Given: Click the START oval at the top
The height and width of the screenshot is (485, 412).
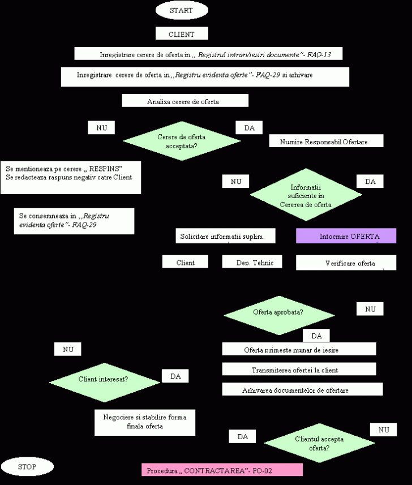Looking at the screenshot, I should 181,10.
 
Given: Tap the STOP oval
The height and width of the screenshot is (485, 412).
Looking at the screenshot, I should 27,467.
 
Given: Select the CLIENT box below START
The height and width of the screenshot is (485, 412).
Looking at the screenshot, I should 182,34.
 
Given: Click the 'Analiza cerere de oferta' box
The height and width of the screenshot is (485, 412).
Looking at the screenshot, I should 185,101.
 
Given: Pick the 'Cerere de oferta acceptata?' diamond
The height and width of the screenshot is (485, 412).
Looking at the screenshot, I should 182,141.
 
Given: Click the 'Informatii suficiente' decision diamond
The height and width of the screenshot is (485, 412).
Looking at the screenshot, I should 306,195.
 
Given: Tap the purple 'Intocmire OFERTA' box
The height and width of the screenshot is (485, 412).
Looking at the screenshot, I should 346,236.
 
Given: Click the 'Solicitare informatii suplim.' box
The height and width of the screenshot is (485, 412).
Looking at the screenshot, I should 226,236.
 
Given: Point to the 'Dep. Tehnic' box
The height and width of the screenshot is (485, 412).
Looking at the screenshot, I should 251,262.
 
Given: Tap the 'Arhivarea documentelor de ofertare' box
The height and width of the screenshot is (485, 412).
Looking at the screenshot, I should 302,389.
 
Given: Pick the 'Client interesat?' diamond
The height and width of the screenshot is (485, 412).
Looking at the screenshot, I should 105,379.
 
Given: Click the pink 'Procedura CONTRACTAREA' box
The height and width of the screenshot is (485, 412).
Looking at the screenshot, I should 221,470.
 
